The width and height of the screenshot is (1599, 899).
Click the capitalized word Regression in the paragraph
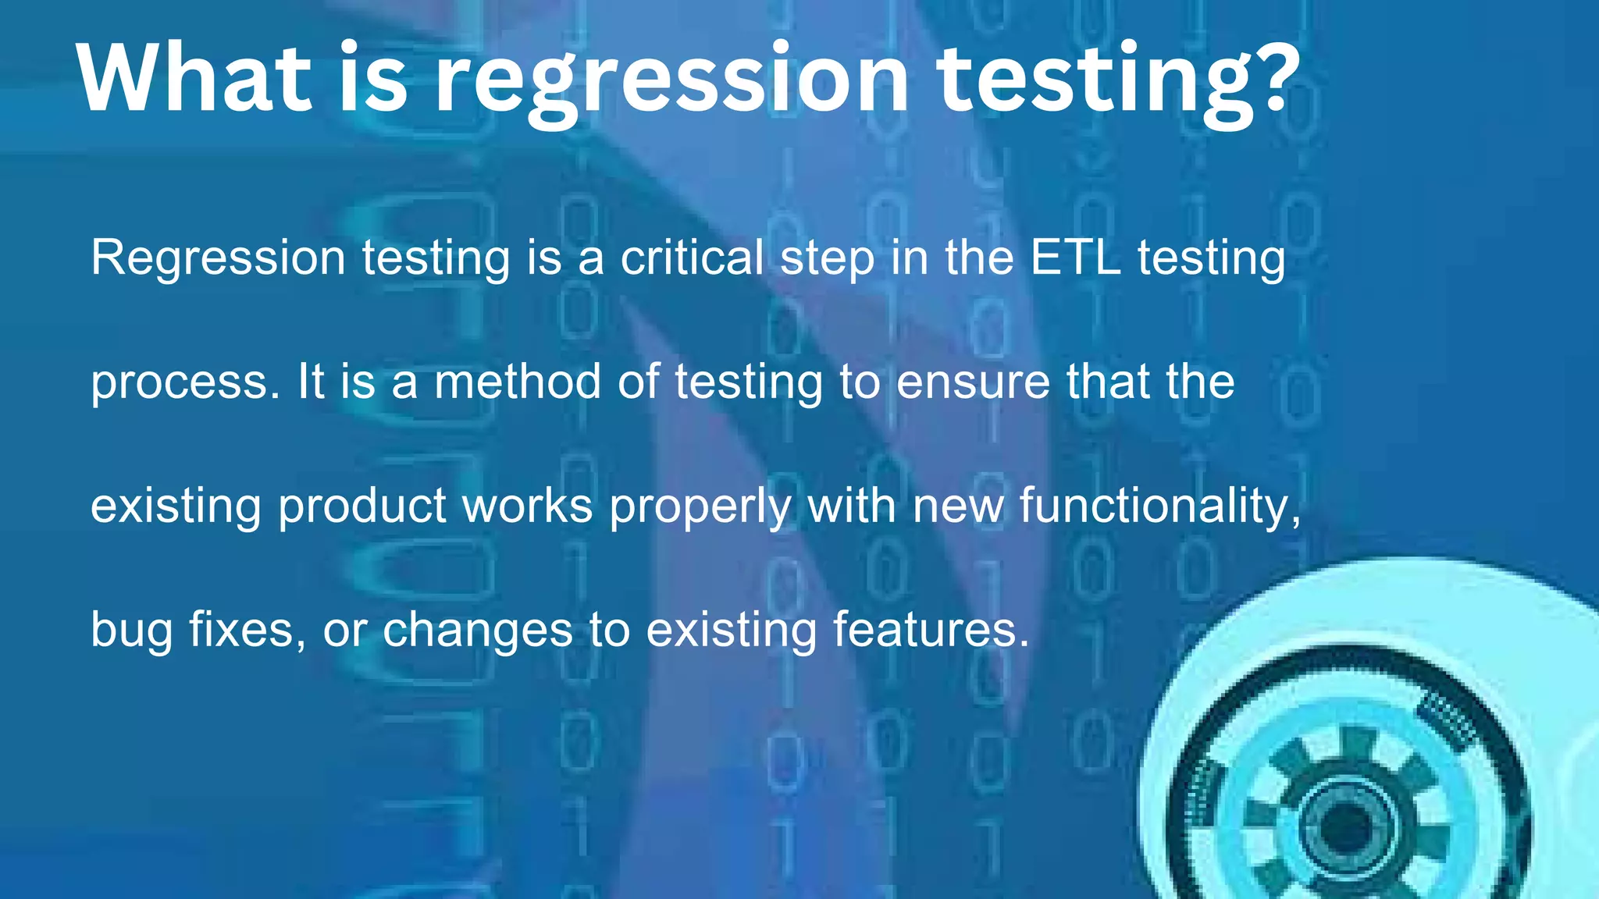(218, 258)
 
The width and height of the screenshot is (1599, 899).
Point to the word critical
(692, 258)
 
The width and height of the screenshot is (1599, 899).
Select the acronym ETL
(1075, 258)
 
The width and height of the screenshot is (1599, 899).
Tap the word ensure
(973, 382)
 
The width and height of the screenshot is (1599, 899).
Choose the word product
(362, 506)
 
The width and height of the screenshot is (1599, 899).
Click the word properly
(700, 506)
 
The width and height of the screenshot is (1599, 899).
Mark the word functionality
(1160, 506)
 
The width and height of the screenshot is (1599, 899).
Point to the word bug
(131, 631)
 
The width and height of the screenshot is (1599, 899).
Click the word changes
(478, 630)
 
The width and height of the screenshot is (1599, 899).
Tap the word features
(931, 630)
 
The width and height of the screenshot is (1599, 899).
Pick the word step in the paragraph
(828, 259)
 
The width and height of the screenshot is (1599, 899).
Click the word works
(528, 506)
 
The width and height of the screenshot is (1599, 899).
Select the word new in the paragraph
(958, 506)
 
